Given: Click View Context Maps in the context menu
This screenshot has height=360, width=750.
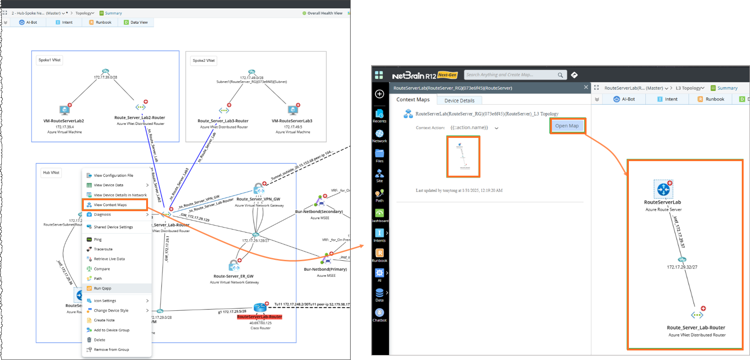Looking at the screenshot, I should click(x=110, y=205).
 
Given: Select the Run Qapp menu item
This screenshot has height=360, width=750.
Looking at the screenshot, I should click(x=102, y=288).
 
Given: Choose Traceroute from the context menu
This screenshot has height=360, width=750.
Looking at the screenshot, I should click(x=103, y=249).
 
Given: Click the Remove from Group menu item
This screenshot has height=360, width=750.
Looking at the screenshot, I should click(x=111, y=350).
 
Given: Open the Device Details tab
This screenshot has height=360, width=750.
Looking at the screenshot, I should click(x=459, y=101).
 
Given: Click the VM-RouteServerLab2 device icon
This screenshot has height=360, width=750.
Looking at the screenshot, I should click(x=65, y=110).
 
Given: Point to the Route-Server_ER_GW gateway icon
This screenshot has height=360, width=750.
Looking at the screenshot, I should click(x=234, y=265).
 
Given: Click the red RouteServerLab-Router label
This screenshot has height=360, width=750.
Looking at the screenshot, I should click(x=260, y=317).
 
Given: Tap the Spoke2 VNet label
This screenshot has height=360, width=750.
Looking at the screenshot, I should click(x=204, y=61).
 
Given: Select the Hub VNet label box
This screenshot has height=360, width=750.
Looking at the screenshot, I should click(x=51, y=172).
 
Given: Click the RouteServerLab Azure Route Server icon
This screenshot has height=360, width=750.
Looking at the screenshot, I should click(x=663, y=189).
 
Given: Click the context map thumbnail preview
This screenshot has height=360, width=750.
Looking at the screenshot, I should click(x=463, y=156).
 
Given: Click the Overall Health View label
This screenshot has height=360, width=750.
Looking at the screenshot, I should click(x=325, y=13).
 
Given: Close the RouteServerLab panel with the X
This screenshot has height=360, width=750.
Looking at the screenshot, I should click(x=586, y=87).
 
